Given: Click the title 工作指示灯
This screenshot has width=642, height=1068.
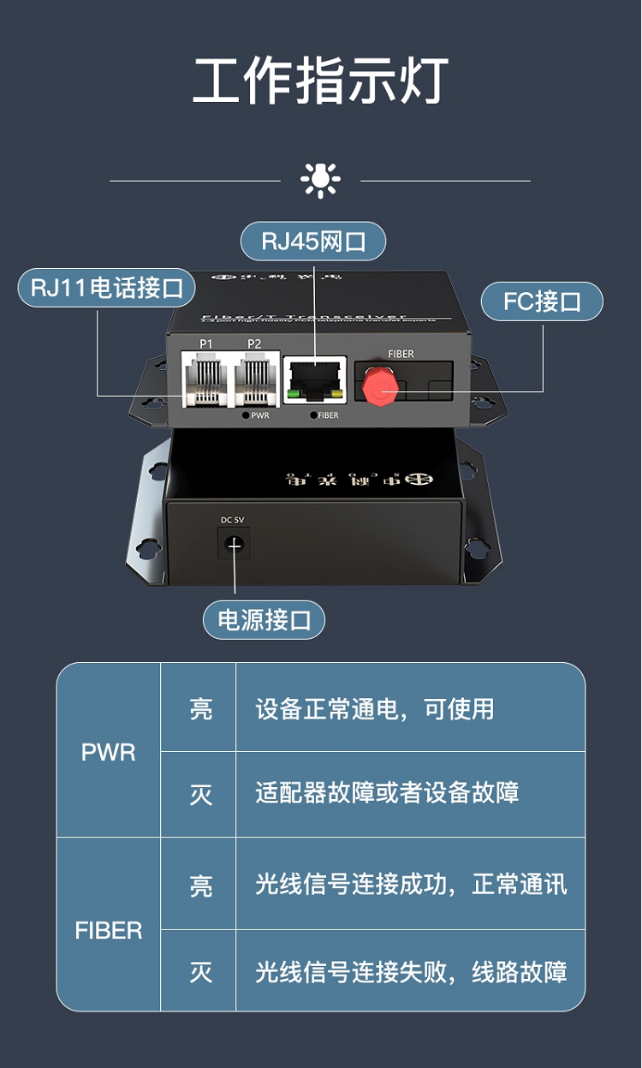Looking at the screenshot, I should coord(321,81).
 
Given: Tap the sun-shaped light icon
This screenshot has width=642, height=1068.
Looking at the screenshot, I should coord(320,180).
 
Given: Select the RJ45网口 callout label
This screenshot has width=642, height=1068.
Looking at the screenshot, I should coord(313,242).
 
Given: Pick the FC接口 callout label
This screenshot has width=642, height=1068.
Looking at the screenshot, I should coord(542,301).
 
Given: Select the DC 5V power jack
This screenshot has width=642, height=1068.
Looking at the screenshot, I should coord(233,542).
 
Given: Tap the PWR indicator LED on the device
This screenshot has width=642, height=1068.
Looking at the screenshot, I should coord(247,415).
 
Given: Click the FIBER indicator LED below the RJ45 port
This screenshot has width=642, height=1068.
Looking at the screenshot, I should coord(312,415).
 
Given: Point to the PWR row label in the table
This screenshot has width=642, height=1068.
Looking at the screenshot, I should coord(109,752).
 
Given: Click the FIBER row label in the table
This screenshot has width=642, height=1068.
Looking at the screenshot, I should coord(109,930).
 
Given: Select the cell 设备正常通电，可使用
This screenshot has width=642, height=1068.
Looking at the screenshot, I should coord(375,709).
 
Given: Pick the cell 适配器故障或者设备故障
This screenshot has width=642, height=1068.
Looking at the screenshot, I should coord(387,793).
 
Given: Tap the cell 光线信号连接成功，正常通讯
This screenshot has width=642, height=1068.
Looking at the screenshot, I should coord(411,884).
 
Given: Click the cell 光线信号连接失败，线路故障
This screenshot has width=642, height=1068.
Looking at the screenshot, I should coord(411,972).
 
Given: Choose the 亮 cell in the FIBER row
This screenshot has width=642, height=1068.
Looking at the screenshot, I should coord(200,885).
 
